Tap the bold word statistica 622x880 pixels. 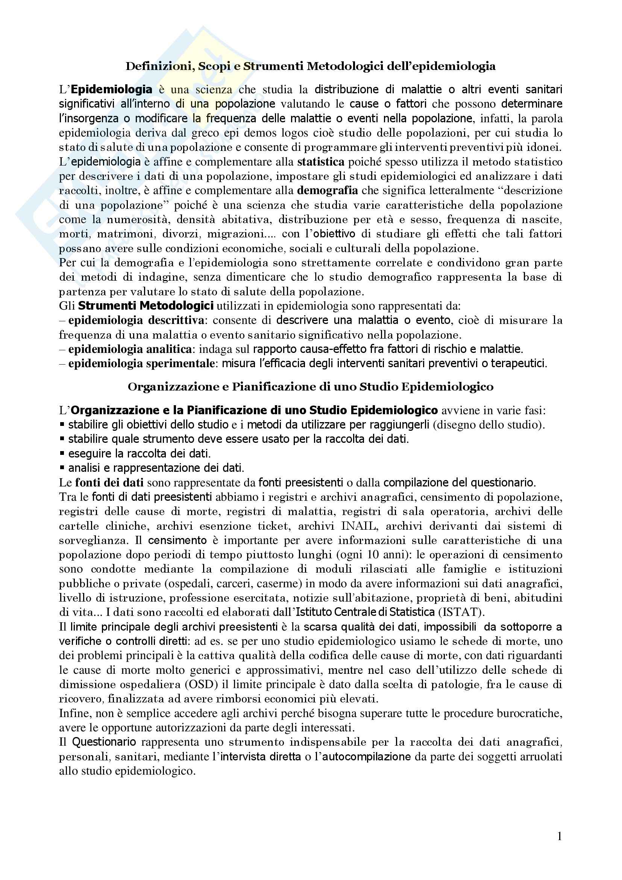click(x=321, y=162)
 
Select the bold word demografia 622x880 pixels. click(x=328, y=190)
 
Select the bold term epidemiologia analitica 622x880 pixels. click(x=130, y=349)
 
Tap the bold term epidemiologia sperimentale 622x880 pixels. click(x=141, y=363)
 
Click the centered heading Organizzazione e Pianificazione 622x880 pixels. click(x=310, y=387)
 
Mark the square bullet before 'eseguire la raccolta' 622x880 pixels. click(x=62, y=453)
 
